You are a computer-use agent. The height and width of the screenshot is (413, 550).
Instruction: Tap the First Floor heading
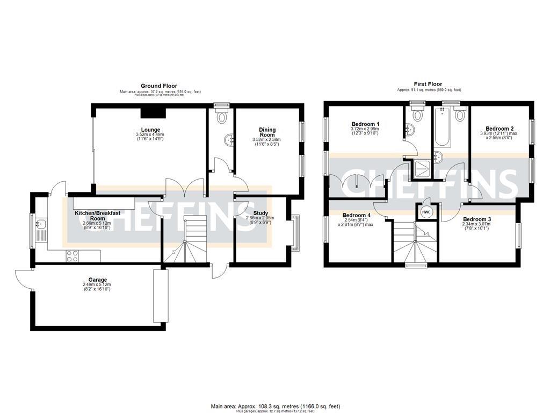(x=428, y=84)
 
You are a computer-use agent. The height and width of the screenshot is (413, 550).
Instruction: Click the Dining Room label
(x=267, y=132)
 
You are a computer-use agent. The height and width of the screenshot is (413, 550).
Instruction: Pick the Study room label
(x=260, y=213)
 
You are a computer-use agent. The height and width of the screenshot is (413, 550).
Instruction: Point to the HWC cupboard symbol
(x=426, y=212)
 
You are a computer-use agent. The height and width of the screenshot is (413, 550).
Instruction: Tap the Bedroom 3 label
(x=477, y=219)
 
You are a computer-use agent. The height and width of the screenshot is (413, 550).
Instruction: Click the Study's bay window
(x=294, y=232)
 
